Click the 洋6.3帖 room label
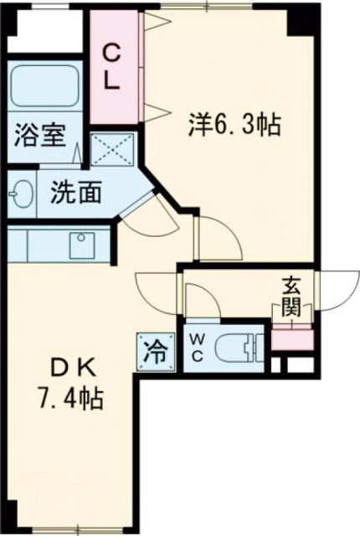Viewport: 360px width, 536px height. click(232, 125)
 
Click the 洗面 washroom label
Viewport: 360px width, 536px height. click(76, 193)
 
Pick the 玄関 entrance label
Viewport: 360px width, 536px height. click(291, 297)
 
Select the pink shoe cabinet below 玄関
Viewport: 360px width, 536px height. click(291, 340)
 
